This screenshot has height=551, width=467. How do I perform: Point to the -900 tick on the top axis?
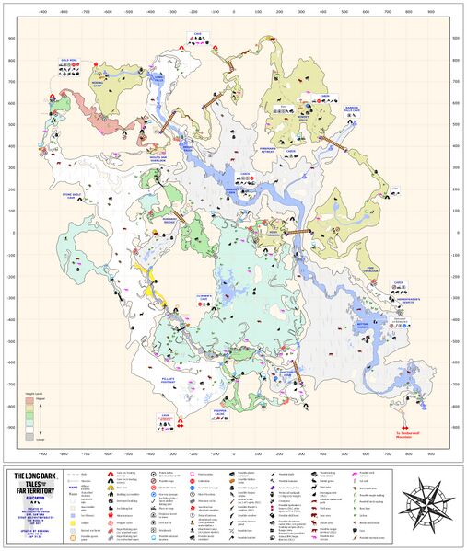pyautogui.click(x=42, y=15)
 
